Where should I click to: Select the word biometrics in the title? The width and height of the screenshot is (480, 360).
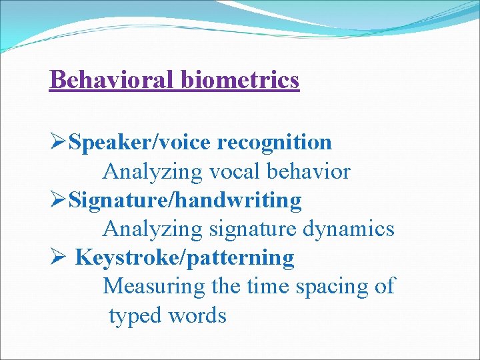coord(239,80)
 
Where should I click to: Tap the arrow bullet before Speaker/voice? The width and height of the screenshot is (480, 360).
coord(58,142)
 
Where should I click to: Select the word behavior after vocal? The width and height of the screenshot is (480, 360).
coord(308,171)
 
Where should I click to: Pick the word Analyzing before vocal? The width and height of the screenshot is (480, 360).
coord(152,173)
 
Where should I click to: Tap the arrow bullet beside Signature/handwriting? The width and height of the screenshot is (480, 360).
coord(58,199)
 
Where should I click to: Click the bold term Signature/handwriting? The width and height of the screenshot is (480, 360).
coord(185,200)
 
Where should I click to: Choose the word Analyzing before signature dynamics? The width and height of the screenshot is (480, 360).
coord(152,230)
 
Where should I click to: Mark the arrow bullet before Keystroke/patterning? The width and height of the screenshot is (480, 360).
coord(58,257)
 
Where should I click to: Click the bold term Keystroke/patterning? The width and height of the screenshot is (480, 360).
coord(185,257)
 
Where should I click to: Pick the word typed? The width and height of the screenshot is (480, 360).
coord(136,316)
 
